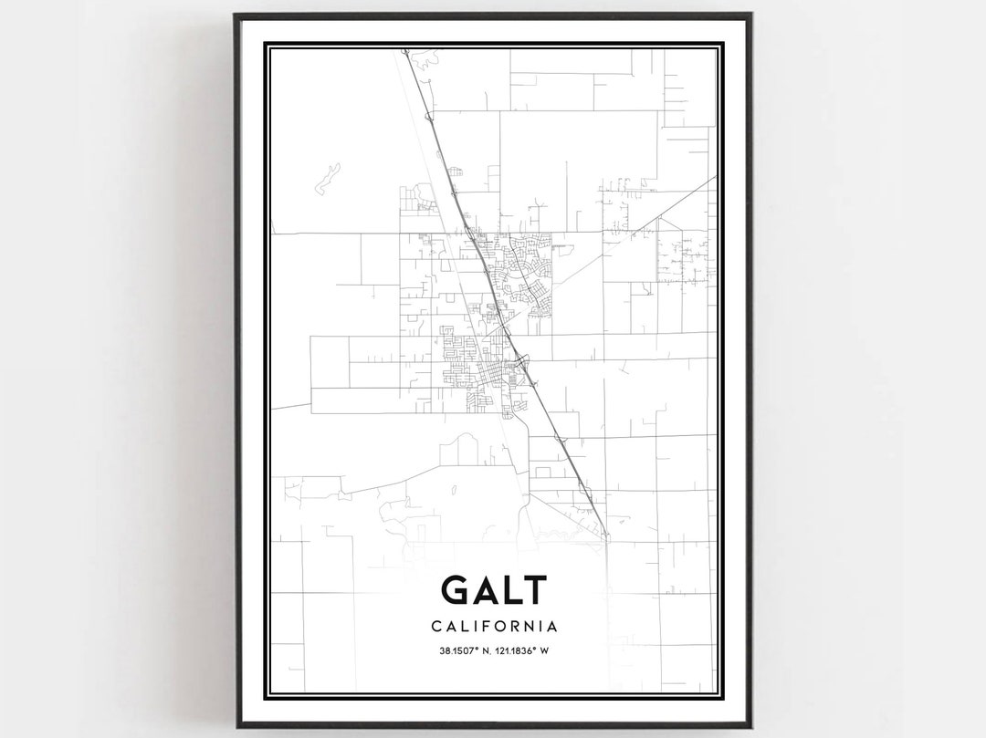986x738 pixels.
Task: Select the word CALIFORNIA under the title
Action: pyautogui.click(x=493, y=627)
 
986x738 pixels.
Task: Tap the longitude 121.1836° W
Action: pyautogui.click(x=524, y=650)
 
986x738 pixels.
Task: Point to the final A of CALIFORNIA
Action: pyautogui.click(x=553, y=627)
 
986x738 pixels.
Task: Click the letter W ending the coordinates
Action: pyautogui.click(x=543, y=650)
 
